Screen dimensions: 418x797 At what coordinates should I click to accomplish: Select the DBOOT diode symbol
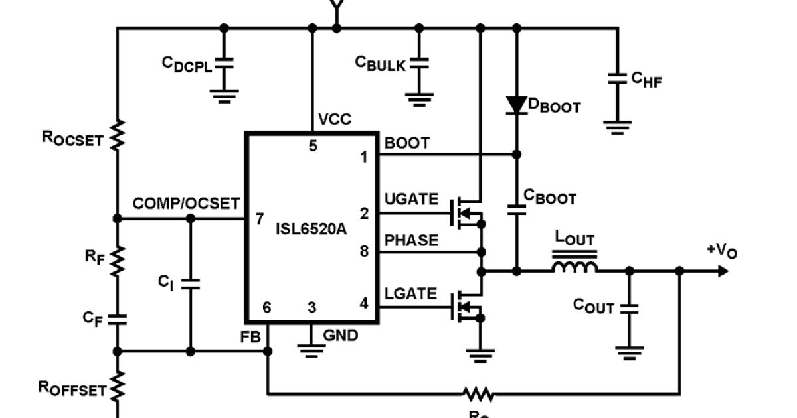point(516,105)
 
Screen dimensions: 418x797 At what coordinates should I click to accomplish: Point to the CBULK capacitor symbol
point(419,64)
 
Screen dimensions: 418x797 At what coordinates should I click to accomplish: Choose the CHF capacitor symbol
point(618,78)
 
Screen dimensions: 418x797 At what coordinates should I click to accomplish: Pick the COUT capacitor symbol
point(629,308)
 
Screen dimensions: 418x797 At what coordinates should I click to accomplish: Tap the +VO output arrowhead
point(722,271)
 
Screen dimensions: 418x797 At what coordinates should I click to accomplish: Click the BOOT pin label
point(407,143)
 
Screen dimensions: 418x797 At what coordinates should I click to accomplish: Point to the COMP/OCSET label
point(186,204)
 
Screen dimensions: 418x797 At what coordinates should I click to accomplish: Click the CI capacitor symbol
point(190,284)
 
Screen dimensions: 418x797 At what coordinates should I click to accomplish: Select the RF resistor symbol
point(117,261)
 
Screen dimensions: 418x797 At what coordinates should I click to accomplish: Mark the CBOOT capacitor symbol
point(516,210)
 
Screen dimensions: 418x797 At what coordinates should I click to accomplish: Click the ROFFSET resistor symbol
point(117,386)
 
